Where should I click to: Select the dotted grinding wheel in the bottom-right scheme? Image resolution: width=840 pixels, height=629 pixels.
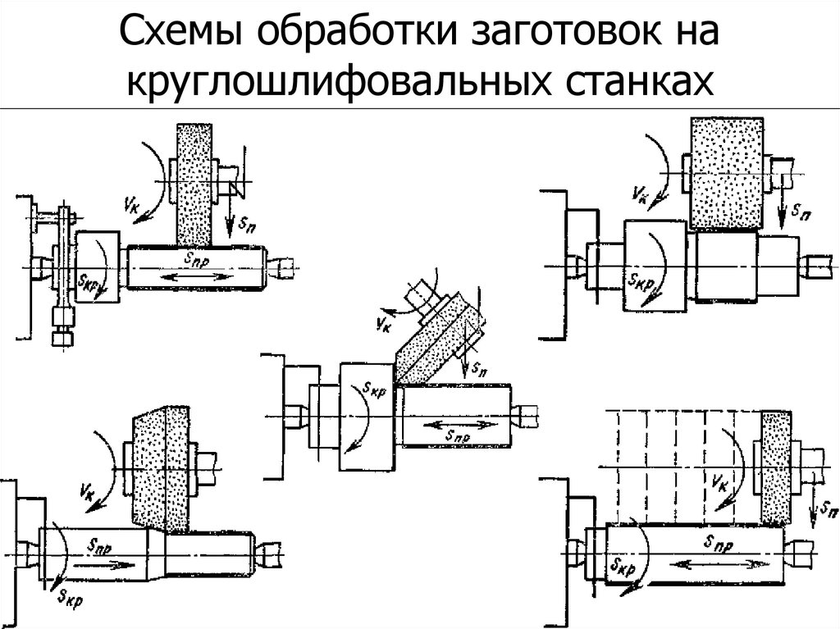773,467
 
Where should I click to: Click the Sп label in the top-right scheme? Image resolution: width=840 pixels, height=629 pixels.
800,211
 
